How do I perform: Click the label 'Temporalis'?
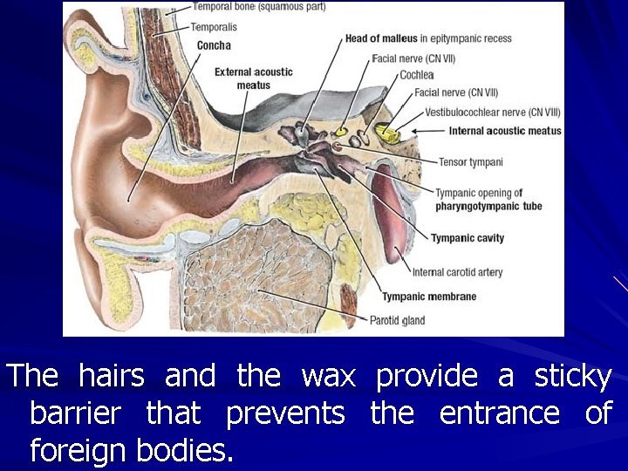tap(214, 27)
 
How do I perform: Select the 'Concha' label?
tap(214, 44)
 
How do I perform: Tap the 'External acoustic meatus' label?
tap(253, 78)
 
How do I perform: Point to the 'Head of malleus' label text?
tap(381, 38)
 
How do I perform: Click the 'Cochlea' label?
tap(417, 75)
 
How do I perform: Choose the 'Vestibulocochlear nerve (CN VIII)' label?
tap(492, 112)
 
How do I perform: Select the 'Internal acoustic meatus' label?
tap(504, 131)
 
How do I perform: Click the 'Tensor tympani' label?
tap(470, 162)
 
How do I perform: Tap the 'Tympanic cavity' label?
tap(467, 238)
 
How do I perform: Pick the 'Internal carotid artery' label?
tap(457, 272)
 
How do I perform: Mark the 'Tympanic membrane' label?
tap(428, 297)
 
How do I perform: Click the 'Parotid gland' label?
tap(397, 320)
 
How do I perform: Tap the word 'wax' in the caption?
tap(328, 377)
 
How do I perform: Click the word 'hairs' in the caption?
tap(112, 377)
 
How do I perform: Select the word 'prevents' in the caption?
tap(285, 413)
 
